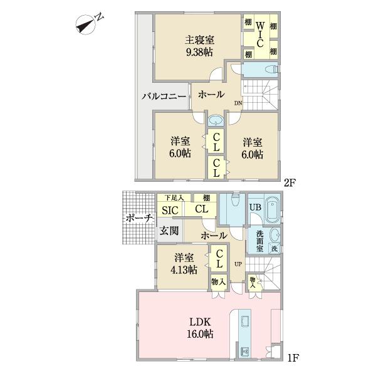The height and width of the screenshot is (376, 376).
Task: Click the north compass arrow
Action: [85, 24]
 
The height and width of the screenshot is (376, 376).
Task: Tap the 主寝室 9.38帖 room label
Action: [199, 46]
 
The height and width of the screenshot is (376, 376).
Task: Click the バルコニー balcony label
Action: [163, 97]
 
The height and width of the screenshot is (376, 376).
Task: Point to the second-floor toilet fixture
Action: [266, 70]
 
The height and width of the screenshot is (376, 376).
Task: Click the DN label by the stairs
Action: [238, 103]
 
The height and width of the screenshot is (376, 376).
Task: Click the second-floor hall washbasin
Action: [215, 120]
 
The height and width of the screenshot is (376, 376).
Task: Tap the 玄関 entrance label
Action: [169, 231]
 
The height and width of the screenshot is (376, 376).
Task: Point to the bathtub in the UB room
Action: [271, 210]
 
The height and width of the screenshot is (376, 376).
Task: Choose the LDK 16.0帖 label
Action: [201, 328]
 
